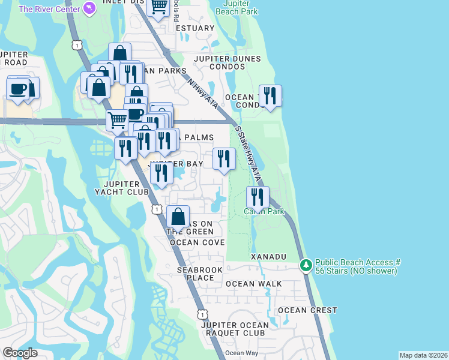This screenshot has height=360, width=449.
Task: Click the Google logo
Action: tap(20, 353)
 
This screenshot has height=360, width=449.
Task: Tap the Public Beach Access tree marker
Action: tap(306, 264)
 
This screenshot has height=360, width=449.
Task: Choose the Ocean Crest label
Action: tap(307, 310)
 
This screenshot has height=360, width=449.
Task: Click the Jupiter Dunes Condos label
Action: tap(227, 62)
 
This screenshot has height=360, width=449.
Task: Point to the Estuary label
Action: tap(196, 28)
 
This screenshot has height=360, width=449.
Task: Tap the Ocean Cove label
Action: tap(197, 242)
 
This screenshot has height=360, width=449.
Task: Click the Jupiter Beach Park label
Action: tap(236, 8)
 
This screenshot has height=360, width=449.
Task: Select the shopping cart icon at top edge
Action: tap(158, 8)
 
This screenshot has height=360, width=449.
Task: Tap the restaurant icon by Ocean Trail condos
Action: tap(270, 95)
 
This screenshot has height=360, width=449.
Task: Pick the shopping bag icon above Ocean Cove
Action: tap(178, 217)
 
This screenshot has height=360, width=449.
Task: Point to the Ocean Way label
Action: tap(241, 353)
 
